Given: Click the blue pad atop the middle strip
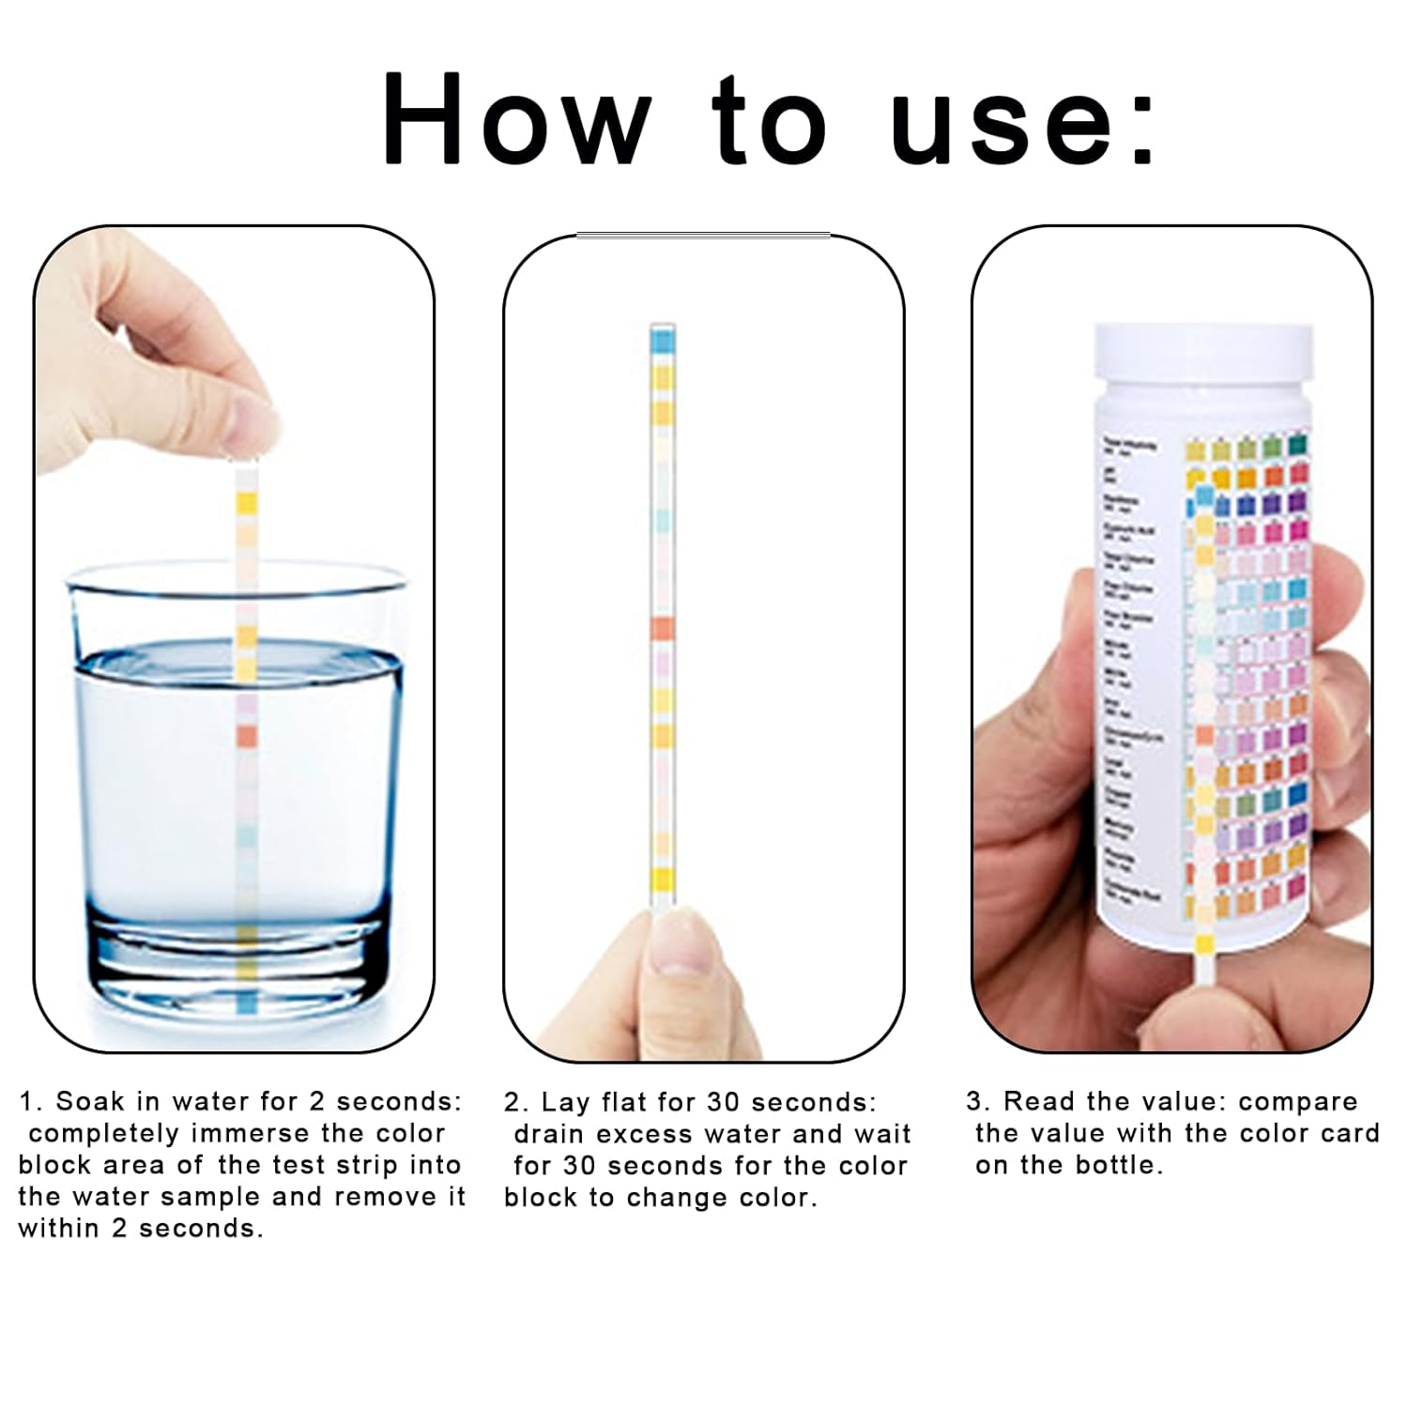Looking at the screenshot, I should (662, 339).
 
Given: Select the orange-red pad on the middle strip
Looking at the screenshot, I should (662, 628).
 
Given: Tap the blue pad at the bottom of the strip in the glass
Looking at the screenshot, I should (247, 1005).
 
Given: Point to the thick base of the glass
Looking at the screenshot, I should (235, 967).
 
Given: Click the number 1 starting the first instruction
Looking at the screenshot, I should (26, 1101).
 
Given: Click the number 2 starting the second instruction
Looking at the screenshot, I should (512, 1102).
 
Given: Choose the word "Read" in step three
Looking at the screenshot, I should (1038, 1101).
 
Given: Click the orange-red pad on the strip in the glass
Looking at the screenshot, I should (246, 735).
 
